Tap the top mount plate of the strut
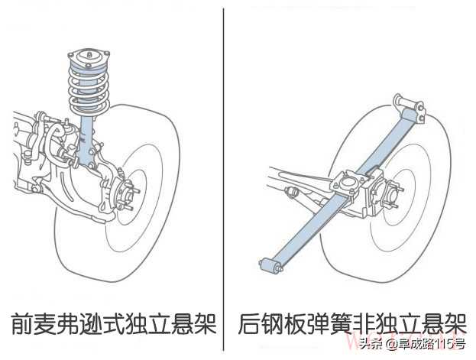pyautogui.click(x=88, y=56)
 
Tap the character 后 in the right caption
pyautogui.click(x=251, y=323)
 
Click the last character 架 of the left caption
pyautogui.click(x=203, y=323)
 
